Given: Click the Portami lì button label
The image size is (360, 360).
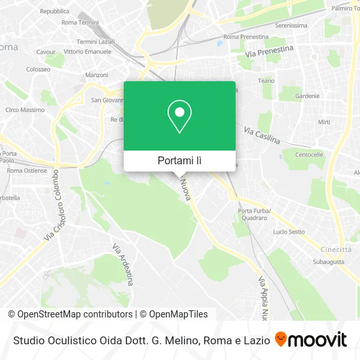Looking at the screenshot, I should (179, 160).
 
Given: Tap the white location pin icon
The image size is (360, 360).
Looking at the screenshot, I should (179, 117).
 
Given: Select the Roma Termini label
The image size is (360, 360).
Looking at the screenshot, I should (79, 22).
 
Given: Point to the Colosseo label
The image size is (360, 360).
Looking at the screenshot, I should (38, 69).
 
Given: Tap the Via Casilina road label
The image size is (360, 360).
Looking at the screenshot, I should (262, 135).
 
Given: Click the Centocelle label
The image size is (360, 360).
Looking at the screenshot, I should (309, 155).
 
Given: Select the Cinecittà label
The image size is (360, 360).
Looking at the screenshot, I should (336, 249).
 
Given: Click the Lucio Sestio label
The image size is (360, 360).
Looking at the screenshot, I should (289, 232).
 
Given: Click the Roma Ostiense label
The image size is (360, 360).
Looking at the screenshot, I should (27, 170).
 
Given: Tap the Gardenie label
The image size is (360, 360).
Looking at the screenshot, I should (307, 96).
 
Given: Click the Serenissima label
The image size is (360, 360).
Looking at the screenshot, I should (291, 26).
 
